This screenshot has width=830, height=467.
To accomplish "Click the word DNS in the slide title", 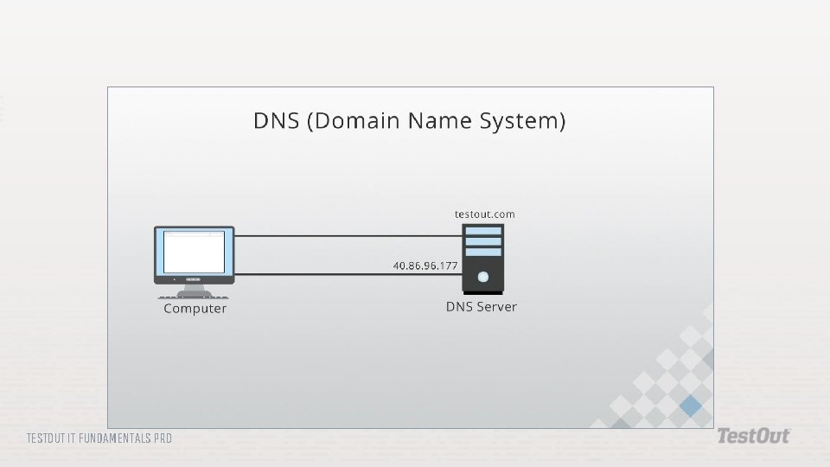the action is point(277,121).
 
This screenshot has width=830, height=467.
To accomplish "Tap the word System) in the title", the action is point(522,121).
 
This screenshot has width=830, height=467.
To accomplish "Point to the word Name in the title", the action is point(439,121).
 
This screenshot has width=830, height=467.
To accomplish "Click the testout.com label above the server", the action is point(484,214).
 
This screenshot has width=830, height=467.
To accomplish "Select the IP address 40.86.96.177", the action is point(425,265).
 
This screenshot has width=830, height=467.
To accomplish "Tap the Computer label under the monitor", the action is point(195,308).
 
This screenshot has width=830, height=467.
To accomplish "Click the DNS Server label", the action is point(482,306).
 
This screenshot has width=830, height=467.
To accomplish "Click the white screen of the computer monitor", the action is point(195,252).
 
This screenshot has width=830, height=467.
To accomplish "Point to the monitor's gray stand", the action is point(194,291).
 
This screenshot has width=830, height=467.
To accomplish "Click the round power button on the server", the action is point(482,277).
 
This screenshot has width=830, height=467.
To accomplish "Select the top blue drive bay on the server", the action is point(483,231).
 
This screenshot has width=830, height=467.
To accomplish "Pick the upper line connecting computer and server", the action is point(348,236).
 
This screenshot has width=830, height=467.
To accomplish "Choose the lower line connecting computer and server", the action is point(348,274).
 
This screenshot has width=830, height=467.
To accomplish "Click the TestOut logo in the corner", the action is point(754,436).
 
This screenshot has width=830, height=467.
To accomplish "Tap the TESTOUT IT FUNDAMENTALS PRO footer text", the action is point(99,438).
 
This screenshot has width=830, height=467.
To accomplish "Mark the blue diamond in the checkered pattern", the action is point(690,406).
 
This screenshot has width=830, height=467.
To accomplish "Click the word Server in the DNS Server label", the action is point(496,306).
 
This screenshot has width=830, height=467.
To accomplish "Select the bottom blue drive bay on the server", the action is point(483,252).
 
